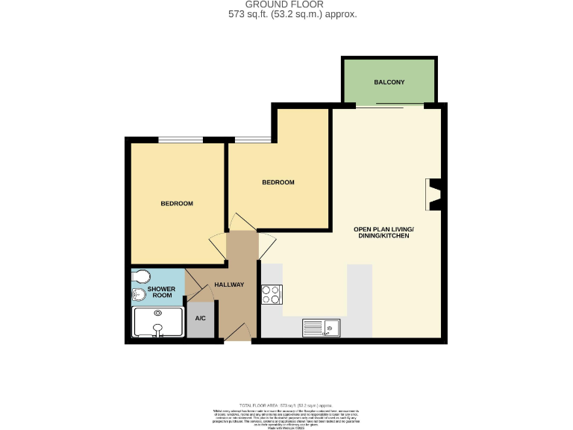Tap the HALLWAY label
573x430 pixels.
click(229, 284)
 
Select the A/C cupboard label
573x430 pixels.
click(200, 318)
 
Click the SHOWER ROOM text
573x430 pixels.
click(161, 292)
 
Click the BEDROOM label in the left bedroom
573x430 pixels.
click(177, 204)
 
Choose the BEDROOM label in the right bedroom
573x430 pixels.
click(278, 182)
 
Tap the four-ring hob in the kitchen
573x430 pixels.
click(271, 296)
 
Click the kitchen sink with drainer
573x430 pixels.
click(321, 327)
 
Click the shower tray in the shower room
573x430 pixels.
click(158, 325)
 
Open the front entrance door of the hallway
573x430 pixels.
click(237, 333)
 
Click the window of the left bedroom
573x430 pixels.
click(180, 139)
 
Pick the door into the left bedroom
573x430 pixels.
click(217, 246)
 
